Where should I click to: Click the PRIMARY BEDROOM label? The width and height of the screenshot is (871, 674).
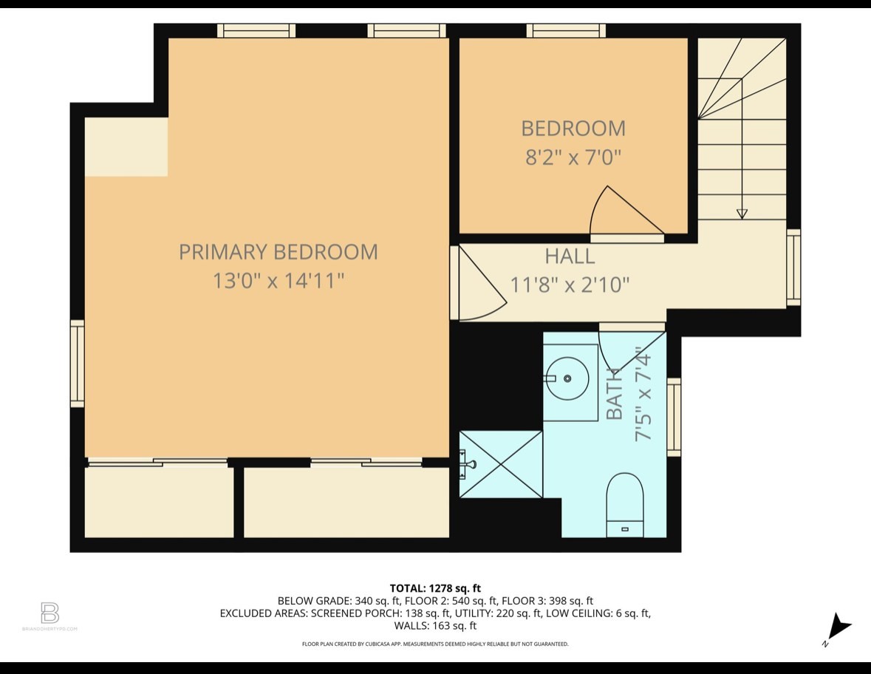pyautogui.click(x=278, y=252)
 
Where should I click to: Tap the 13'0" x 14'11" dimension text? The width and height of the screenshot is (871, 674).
pyautogui.click(x=278, y=282)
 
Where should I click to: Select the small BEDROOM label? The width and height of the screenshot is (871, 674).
pyautogui.click(x=573, y=129)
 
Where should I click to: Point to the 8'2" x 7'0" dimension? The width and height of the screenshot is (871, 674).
pyautogui.click(x=573, y=157)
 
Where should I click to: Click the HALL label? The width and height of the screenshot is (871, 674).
pyautogui.click(x=570, y=256)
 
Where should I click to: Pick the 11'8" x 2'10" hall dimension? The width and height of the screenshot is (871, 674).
pyautogui.click(x=570, y=285)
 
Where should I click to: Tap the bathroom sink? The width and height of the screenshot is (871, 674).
pyautogui.click(x=567, y=378)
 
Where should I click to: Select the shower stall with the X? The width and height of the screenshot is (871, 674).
pyautogui.click(x=501, y=464)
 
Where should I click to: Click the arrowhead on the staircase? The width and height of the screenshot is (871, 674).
pyautogui.click(x=742, y=214)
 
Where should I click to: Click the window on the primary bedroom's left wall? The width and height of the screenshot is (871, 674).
pyautogui.click(x=78, y=363)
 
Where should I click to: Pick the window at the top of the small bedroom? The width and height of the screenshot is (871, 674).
pyautogui.click(x=566, y=30)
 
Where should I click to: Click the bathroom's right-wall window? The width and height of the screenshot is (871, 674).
pyautogui.click(x=674, y=417)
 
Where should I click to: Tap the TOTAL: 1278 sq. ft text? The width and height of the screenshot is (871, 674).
pyautogui.click(x=435, y=588)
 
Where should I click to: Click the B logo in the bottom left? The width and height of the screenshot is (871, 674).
pyautogui.click(x=49, y=613)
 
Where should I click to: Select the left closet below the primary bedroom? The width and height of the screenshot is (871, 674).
pyautogui.click(x=159, y=503)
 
